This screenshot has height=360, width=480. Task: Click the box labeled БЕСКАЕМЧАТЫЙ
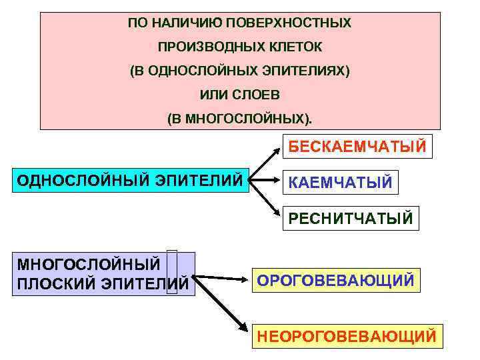tap(357, 146)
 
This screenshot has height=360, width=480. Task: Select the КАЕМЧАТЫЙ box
tap(340, 182)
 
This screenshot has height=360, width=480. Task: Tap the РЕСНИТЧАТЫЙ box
tap(351, 218)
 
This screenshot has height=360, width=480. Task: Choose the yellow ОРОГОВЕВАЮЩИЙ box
tap(336, 280)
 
